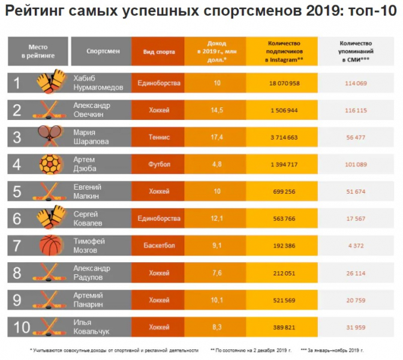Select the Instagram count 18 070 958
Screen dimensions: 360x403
[x=284, y=83]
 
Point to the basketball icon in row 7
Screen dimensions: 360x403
[x=50, y=245]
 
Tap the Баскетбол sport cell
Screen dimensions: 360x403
[x=159, y=245]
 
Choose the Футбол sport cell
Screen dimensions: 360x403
[x=159, y=164]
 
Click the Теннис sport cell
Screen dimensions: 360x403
[x=159, y=137]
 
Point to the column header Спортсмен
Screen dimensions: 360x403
[x=103, y=52]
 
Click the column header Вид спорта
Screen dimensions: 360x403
[x=159, y=52]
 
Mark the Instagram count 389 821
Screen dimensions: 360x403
[x=284, y=327]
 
